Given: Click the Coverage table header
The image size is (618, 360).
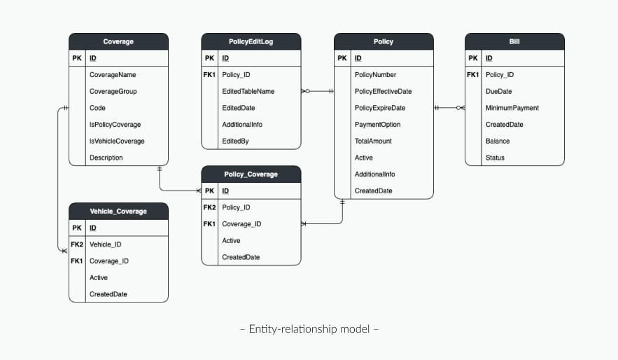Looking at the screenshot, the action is pos(118,41).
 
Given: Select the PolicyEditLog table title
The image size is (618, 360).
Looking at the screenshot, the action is pos(251,41).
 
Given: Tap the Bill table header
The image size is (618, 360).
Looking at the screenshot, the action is pos(514,41).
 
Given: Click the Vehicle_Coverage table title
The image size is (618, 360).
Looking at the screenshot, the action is pos(118,212).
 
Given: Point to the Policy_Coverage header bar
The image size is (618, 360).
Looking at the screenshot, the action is pos(251,174).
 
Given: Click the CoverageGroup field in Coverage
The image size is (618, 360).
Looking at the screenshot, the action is pos(113,92).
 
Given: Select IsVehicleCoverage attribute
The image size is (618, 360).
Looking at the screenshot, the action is pos(117,141).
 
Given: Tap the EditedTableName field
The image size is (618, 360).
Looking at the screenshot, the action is pos(248,92).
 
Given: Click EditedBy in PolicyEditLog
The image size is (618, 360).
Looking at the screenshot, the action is pos(235,141).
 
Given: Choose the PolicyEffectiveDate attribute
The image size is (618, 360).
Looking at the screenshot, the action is pos(383,92).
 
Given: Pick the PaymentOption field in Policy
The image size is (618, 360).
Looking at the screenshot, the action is pos(377,125).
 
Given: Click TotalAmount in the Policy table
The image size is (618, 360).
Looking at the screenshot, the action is pos(373,141).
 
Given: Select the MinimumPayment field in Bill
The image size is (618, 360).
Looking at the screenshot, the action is pos(512,108).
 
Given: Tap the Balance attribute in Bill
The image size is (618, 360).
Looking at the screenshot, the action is pos(498,141).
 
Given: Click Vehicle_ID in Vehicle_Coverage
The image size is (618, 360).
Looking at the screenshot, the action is pos(105,244).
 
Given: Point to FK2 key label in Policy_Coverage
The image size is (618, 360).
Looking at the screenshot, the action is pos(209,207).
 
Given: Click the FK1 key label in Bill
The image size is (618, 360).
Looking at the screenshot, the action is pos(473,74).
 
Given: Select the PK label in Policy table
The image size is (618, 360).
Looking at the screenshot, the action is pos(342,58).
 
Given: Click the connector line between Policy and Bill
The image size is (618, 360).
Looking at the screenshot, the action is pos(449,108).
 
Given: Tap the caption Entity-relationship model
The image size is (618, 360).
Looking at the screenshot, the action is pos(309,329).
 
